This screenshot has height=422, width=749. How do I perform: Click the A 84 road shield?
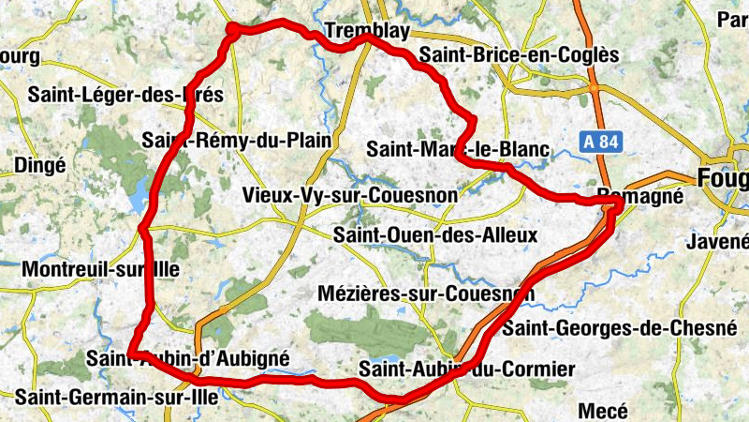click(x=604, y=142)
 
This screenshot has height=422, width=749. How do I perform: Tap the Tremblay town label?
click(x=367, y=33)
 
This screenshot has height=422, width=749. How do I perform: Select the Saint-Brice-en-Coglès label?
click(x=520, y=55)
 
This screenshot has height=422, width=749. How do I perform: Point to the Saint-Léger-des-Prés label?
click(x=125, y=95)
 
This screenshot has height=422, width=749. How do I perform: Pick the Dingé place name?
click(x=40, y=165)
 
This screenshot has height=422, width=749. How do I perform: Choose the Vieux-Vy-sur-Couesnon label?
click(x=349, y=195)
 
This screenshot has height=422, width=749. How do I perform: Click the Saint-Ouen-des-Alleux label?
click(x=435, y=234)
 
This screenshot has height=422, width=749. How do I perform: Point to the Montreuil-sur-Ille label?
click(x=99, y=269)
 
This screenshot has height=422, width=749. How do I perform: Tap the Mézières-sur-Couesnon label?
click(x=426, y=294)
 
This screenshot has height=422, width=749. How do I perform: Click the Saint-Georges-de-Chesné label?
click(x=619, y=328)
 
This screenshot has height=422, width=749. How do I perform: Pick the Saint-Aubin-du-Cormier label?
click(x=466, y=369)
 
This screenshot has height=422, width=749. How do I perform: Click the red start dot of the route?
click(x=232, y=31)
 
